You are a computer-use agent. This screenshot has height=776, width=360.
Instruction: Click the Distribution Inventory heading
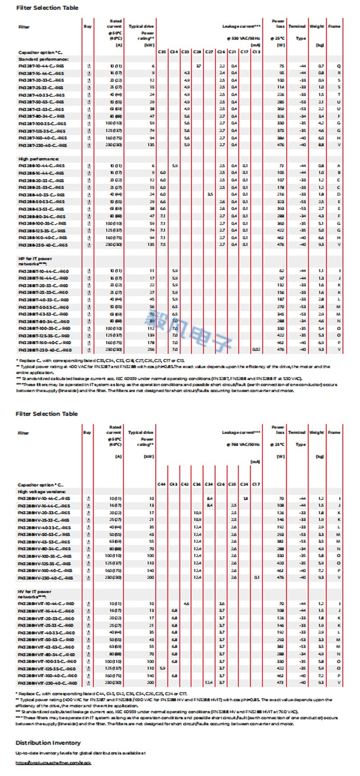[48, 743]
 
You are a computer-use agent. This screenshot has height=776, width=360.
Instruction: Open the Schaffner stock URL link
[54, 763]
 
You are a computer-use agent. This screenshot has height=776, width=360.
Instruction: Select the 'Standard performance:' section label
[43, 59]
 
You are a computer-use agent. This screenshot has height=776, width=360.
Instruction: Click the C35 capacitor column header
[162, 52]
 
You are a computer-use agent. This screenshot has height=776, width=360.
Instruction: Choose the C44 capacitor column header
[162, 484]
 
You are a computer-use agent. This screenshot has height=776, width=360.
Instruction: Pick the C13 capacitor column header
[256, 52]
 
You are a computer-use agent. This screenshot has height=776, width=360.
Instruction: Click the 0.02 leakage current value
[256, 350]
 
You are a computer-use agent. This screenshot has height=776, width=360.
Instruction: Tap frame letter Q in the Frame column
[339, 66]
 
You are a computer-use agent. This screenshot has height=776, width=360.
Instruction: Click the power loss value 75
[281, 66]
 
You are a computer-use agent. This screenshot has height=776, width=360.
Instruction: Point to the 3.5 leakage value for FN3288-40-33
[210, 194]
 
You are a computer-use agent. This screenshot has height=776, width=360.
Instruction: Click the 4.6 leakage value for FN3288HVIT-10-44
[186, 604]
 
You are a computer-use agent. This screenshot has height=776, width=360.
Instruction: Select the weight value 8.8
[321, 145]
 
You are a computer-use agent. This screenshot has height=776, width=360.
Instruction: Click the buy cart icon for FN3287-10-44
[89, 66]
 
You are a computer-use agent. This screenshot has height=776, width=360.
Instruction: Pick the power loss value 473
[281, 683]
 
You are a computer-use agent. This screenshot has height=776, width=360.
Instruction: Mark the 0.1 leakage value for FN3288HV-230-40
[256, 577]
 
